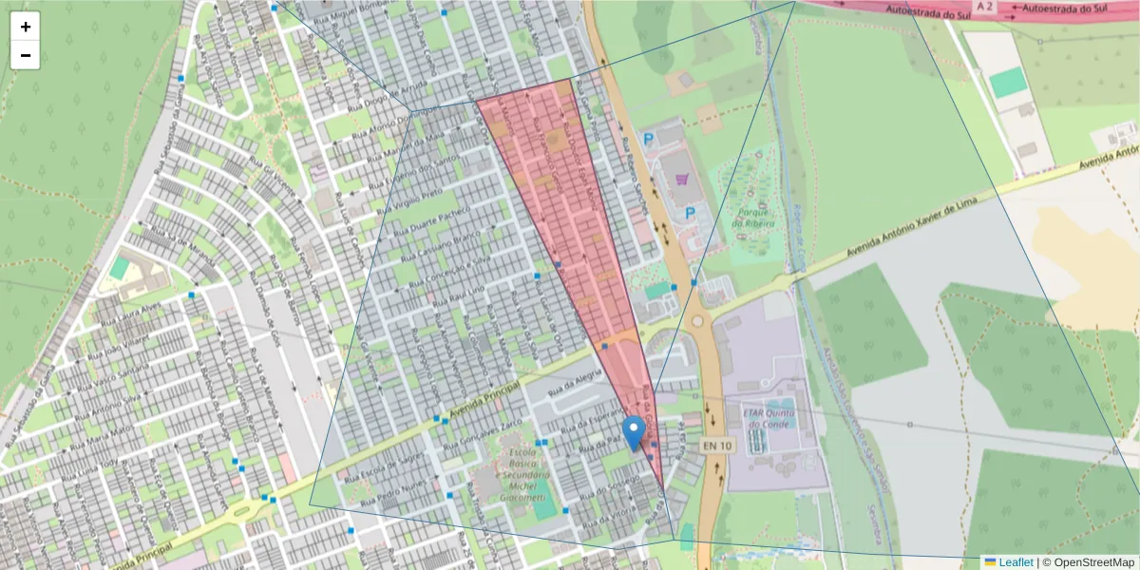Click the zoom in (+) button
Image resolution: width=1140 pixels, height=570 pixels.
point(25,27)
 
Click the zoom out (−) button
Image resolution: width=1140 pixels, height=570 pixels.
point(25,55)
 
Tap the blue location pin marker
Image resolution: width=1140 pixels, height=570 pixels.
point(633,433)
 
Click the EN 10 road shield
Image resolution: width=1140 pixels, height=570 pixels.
point(717,445)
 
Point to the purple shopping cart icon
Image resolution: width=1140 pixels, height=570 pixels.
point(681,178)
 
